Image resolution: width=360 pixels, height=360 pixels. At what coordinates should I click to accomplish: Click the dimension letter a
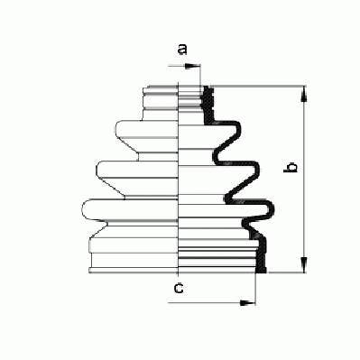click(182, 50)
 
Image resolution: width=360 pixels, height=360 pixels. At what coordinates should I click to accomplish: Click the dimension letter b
click(291, 167)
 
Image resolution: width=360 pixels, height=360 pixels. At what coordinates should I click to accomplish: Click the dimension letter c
click(179, 289)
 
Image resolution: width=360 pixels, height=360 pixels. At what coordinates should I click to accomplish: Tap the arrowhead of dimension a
click(192, 67)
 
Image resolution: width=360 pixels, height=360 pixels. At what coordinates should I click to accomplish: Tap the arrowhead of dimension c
click(247, 302)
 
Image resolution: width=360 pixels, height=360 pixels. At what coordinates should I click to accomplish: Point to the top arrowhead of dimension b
click(304, 94)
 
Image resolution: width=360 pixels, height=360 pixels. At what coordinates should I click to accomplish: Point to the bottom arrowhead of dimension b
click(304, 264)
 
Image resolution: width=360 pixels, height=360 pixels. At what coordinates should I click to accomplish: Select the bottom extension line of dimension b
click(286, 272)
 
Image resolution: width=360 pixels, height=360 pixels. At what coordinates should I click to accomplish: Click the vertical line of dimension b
click(304, 180)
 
